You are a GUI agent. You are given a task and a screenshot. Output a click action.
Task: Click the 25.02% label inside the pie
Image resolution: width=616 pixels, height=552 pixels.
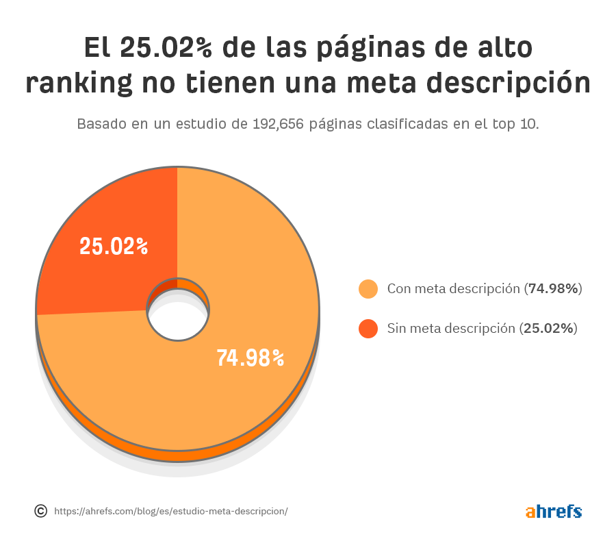tap(114, 247)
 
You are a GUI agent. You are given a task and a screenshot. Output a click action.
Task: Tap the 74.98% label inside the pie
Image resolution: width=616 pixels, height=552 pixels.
tap(250, 357)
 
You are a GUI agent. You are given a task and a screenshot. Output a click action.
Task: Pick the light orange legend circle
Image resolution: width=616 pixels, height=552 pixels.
tap(368, 289)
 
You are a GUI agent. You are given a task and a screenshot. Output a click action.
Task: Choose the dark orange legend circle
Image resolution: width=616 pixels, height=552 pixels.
tap(368, 329)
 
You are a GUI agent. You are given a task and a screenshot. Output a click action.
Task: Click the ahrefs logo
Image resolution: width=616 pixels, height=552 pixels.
tap(554, 511)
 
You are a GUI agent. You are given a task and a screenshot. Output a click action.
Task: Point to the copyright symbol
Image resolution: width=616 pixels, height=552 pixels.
tap(41, 511)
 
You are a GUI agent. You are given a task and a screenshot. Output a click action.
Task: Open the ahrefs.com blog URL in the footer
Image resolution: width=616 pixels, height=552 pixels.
tap(170, 512)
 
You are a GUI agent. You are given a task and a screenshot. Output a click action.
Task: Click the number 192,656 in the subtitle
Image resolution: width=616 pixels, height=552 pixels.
tap(279, 125)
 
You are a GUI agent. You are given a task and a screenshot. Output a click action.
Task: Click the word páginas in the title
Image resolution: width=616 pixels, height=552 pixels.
tap(356, 48)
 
